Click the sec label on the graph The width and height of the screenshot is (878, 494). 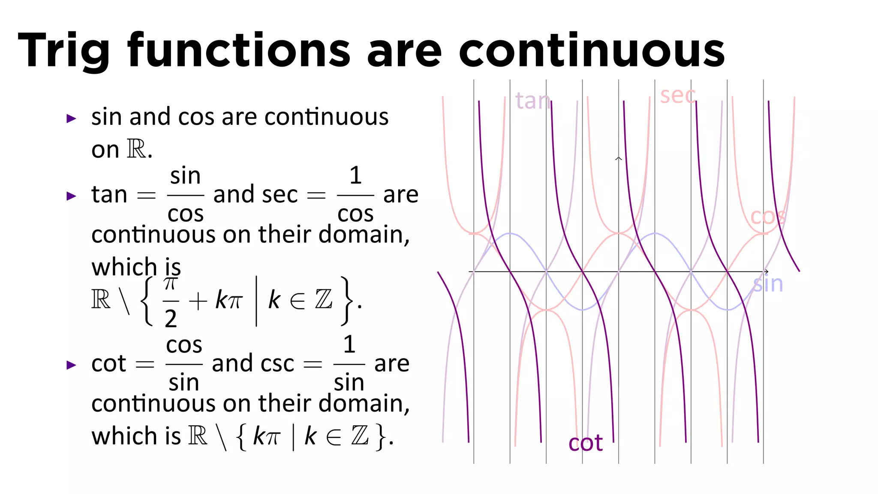point(677,95)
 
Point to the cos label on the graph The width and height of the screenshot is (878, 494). point(768,217)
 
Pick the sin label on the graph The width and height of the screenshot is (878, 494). point(768,284)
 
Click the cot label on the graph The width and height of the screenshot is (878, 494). point(586,443)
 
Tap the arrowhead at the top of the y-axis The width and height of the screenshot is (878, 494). point(618,159)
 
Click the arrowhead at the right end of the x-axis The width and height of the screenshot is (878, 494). point(766,271)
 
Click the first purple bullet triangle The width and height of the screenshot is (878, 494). point(71,118)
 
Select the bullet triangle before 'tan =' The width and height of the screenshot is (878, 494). point(71,196)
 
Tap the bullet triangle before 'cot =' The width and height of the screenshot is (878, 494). point(71,365)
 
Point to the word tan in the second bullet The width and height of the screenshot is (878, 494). point(109,195)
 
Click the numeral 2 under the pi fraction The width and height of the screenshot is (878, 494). point(171,319)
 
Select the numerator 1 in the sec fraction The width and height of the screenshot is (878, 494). point(355,175)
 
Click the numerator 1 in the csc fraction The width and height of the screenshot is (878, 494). point(349,344)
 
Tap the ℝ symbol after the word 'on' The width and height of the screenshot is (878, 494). point(136,149)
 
